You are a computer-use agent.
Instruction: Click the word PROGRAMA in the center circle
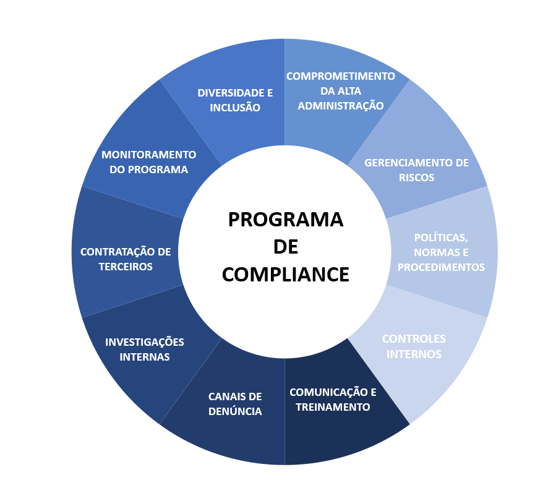tap(286, 220)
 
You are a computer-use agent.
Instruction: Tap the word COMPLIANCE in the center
tap(286, 275)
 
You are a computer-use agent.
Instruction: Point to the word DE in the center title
tap(286, 247)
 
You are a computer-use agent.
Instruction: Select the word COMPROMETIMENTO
tap(340, 76)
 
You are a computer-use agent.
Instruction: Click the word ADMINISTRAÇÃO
tap(340, 106)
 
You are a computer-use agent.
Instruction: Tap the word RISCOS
tap(417, 178)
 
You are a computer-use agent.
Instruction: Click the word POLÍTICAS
tap(441, 238)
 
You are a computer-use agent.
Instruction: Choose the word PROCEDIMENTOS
tap(441, 267)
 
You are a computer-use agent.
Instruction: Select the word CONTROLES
tap(414, 339)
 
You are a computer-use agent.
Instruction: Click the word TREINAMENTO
tap(333, 407)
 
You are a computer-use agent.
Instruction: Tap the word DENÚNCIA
tap(235, 411)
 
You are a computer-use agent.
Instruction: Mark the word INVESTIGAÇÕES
tap(145, 342)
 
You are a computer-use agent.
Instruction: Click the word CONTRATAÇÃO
tap(114, 252)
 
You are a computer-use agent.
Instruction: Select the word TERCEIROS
tap(126, 267)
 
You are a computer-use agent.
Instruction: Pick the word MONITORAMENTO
tap(149, 155)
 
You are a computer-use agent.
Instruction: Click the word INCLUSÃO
tap(235, 108)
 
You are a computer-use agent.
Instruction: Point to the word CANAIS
tap(226, 397)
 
